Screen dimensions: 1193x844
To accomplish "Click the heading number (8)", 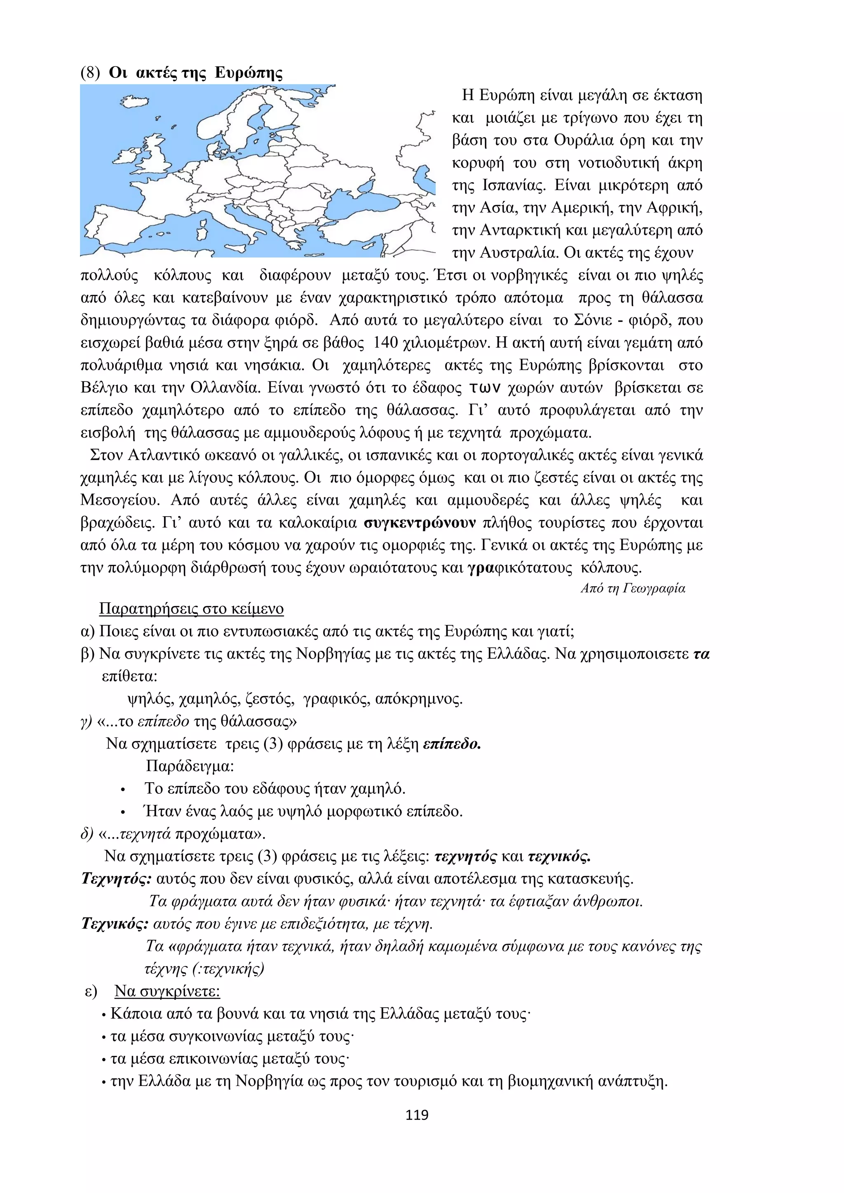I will [90, 73].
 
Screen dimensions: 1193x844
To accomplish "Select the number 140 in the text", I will [386, 343].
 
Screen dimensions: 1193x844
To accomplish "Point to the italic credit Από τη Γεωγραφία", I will [633, 588].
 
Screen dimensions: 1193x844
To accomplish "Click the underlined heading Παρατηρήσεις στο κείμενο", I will [191, 608].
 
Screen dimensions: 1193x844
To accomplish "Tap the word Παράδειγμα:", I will [190, 766].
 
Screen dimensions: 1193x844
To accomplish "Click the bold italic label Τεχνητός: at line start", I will [116, 879].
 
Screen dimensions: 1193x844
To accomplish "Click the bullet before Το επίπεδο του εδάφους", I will [123, 790].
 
